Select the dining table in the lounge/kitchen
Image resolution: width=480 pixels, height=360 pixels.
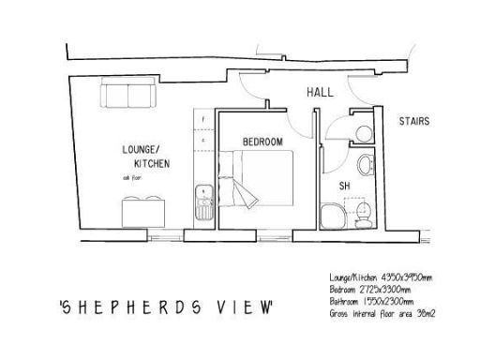coord(144,210)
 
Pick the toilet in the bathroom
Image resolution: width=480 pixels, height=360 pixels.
coord(366,213)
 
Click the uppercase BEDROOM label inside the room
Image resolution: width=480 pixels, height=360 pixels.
coord(262,142)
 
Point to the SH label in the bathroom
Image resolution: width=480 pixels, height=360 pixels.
coord(344,186)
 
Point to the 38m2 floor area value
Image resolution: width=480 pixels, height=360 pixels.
coord(423,313)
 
